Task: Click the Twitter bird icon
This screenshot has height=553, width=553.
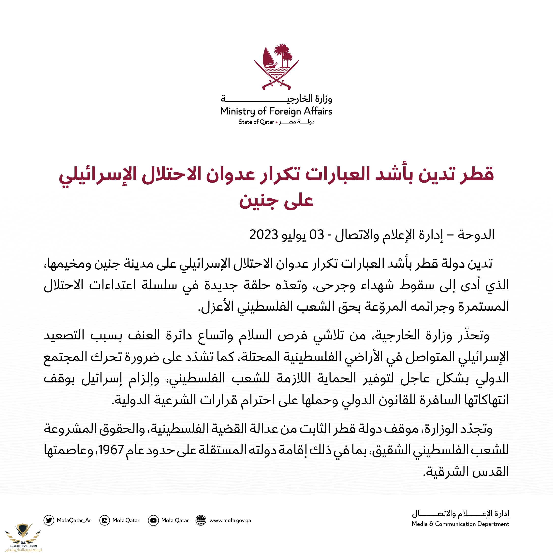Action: tap(49, 520)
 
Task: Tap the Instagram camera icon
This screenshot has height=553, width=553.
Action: tap(104, 520)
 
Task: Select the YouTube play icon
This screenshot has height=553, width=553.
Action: tap(153, 520)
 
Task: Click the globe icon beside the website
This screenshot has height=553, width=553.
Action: tap(201, 520)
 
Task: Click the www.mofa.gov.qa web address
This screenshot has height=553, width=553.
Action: tap(230, 520)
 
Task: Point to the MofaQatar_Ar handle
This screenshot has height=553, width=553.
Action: tap(74, 520)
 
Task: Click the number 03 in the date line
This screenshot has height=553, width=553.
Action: tap(317, 235)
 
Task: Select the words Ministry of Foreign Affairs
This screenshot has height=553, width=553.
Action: tap(276, 111)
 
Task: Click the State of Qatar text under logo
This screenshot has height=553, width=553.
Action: tap(256, 122)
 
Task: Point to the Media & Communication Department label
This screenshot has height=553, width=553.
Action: tap(460, 524)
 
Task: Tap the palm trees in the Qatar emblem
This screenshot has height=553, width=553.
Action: tap(284, 54)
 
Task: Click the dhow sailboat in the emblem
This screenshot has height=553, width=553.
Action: tap(269, 59)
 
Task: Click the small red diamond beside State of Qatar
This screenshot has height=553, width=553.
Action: tap(276, 122)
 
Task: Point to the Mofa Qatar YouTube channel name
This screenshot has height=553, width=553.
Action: tap(175, 520)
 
